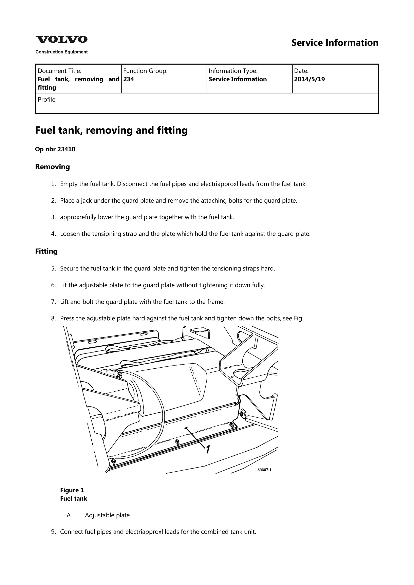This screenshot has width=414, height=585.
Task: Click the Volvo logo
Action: pos(61,40)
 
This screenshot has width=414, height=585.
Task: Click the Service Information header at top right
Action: pos(335,43)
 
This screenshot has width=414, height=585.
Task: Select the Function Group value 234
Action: pos(129,79)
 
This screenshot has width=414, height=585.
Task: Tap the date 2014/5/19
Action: pos(309,79)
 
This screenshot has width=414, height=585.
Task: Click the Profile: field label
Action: pos(47,100)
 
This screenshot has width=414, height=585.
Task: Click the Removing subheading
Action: pos(52,167)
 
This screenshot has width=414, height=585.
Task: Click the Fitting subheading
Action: pos(46,252)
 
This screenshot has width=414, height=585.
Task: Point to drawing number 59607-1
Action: pos(264,470)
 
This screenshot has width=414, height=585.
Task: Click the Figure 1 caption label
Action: pos(72,490)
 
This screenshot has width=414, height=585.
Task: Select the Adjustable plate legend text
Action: pos(107,515)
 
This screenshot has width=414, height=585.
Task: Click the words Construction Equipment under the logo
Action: pos(61,52)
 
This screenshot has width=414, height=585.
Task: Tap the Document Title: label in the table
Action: pos(59,71)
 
